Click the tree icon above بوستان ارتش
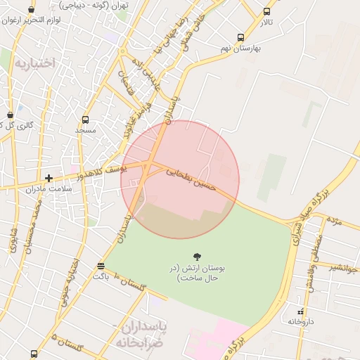196,257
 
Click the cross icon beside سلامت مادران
49,178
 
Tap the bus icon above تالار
266,11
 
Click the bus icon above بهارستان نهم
241,37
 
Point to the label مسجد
86,131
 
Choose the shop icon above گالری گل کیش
10,115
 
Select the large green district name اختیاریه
34,63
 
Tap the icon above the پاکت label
101,266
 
